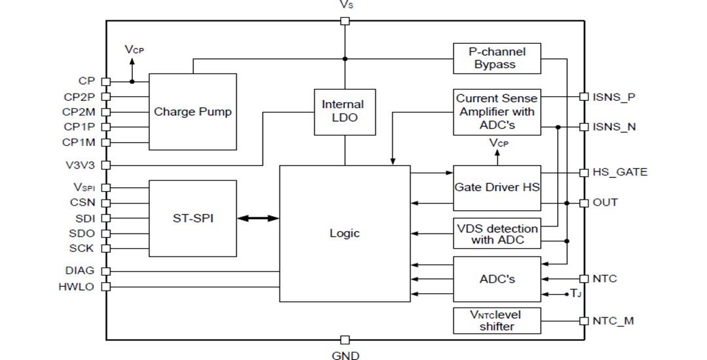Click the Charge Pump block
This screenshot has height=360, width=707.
pyautogui.click(x=192, y=112)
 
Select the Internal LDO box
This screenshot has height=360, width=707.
pyautogui.click(x=344, y=112)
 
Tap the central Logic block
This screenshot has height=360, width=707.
pyautogui.click(x=344, y=234)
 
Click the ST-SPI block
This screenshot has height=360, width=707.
pyautogui.click(x=192, y=219)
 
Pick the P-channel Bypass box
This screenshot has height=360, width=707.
pyautogui.click(x=497, y=58)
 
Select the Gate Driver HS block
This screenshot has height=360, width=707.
pyautogui.click(x=497, y=187)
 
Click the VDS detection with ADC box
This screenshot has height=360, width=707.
pyautogui.click(x=497, y=234)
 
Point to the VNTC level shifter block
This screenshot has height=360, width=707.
pyautogui.click(x=497, y=320)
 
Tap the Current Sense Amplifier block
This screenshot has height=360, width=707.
pyautogui.click(x=497, y=112)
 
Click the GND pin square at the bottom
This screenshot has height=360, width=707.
pyautogui.click(x=345, y=340)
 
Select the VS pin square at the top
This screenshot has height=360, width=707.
pyautogui.click(x=345, y=21)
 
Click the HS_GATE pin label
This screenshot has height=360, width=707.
pyautogui.click(x=619, y=172)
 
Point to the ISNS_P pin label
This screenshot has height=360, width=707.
pyautogui.click(x=613, y=97)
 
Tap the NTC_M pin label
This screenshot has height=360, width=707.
pyautogui.click(x=613, y=321)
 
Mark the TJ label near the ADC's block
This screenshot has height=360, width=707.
pyautogui.click(x=575, y=295)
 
